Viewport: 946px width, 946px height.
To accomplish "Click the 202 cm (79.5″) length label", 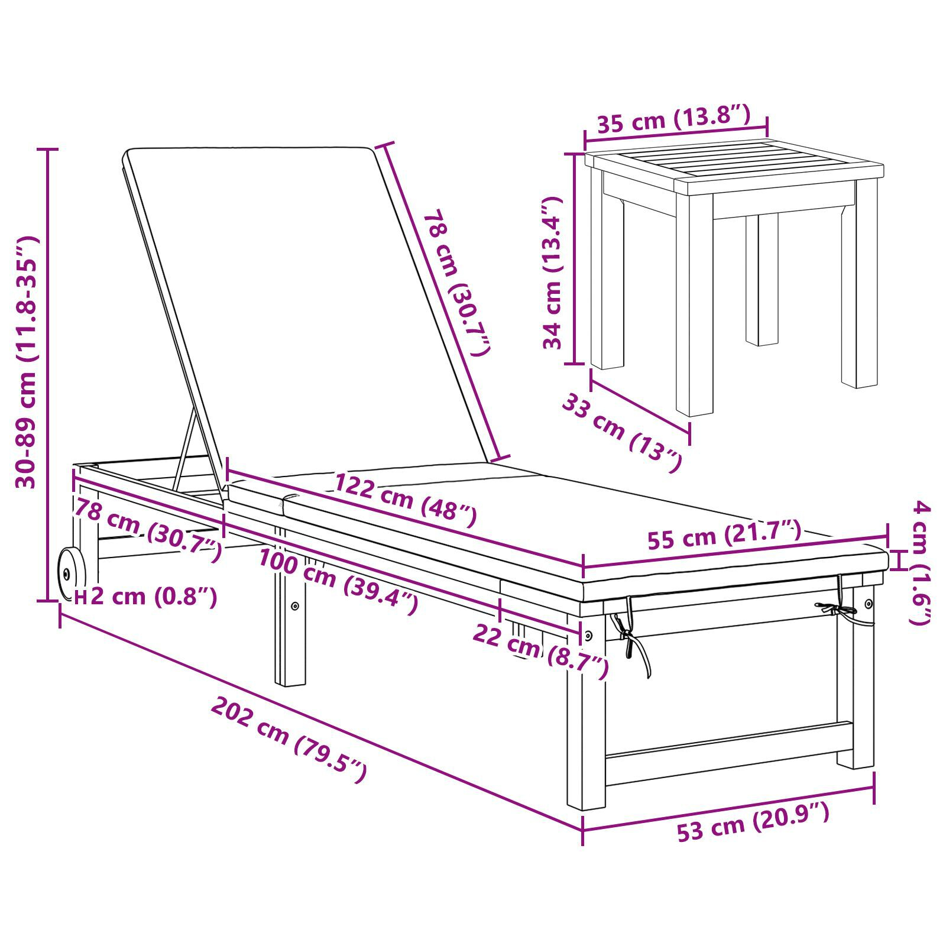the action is tap(289, 739).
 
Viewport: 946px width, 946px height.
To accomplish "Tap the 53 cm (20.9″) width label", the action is tap(753, 822).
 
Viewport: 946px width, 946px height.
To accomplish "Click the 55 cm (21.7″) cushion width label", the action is tap(724, 534).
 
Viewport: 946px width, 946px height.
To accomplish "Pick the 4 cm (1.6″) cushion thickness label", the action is tap(922, 561).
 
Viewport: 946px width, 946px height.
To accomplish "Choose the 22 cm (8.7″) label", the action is tap(540, 650).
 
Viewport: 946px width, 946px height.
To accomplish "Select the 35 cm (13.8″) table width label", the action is tap(673, 119).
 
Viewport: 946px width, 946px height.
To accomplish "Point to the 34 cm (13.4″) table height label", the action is tap(553, 273).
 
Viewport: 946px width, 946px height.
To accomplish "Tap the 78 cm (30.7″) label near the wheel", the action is tap(147, 529).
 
